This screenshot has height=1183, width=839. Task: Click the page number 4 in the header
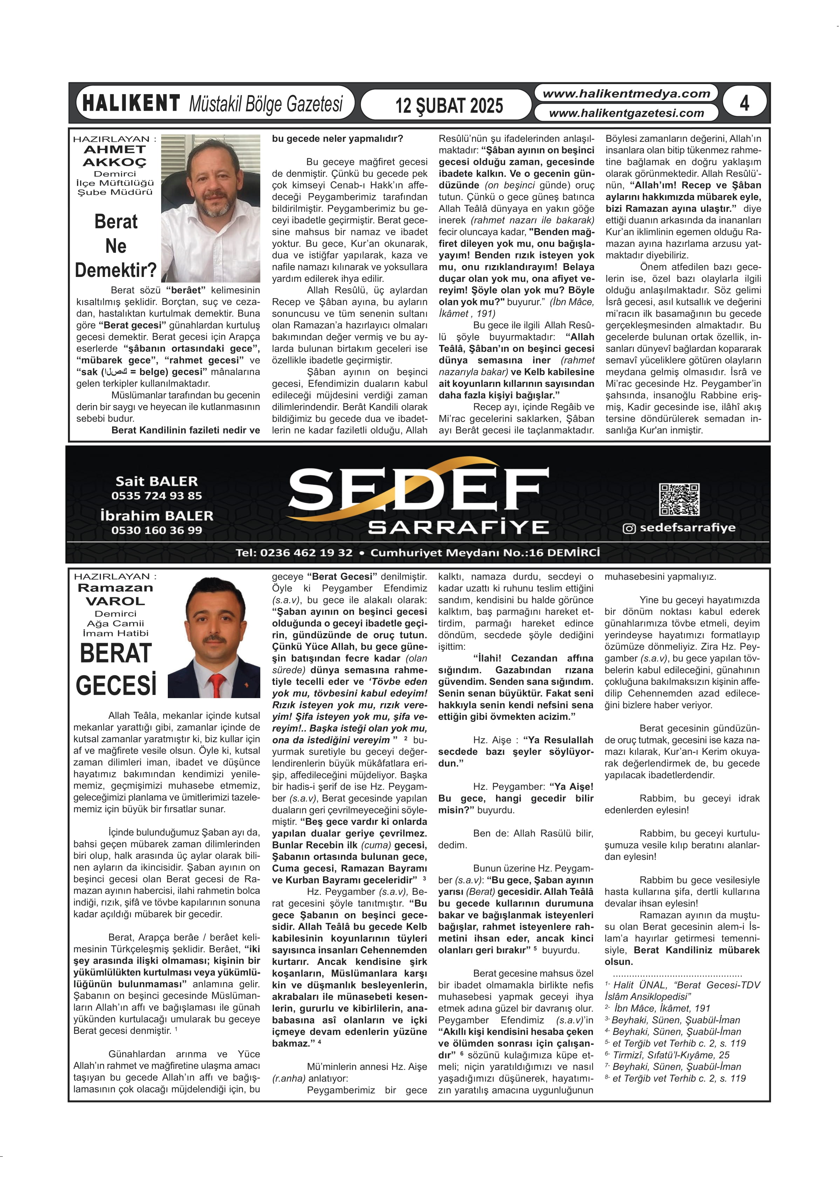coord(744,103)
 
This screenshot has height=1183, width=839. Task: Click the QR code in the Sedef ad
coord(679,499)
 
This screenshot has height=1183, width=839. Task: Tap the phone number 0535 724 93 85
coord(157,496)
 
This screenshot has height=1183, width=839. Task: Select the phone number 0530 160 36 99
coord(157,530)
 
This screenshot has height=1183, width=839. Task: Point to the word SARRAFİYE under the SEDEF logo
coord(458,527)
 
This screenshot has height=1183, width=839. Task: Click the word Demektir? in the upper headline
coord(116,270)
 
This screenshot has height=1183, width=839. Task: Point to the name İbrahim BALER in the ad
coord(157,516)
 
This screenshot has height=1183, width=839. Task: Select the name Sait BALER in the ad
coord(157,481)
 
